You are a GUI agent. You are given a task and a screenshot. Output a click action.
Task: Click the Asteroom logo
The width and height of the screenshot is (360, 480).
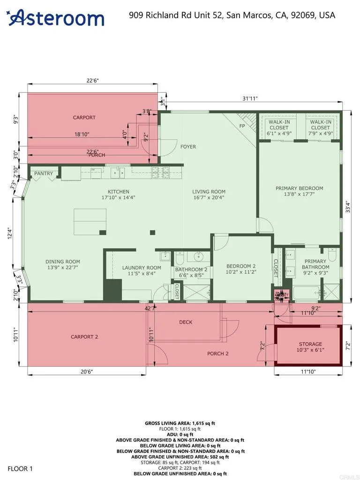[56, 18]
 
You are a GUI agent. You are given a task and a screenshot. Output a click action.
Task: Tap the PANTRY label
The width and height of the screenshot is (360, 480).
[44, 173]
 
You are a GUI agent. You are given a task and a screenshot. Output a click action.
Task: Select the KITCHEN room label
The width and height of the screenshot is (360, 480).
[118, 192]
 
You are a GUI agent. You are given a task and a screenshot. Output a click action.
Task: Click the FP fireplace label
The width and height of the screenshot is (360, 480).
[242, 126]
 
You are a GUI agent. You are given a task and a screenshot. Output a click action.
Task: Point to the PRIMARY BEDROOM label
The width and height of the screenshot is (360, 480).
[299, 188]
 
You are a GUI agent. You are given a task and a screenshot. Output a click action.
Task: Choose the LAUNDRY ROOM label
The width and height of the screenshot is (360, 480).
[142, 268]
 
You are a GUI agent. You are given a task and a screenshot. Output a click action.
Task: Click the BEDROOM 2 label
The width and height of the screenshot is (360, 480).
[241, 265]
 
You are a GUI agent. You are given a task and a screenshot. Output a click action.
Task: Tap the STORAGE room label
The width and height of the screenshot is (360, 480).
[310, 344]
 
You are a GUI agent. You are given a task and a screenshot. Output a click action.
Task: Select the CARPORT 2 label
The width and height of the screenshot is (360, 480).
[85, 337]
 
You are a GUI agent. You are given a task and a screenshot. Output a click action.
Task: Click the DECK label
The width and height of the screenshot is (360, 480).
[186, 322]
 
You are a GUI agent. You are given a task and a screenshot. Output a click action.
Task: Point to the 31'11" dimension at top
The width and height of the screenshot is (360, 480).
[250, 98]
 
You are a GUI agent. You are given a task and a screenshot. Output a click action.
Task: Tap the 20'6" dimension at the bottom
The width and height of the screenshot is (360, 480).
[86, 371]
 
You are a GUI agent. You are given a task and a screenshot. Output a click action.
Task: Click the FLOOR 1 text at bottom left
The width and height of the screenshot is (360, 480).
[20, 468]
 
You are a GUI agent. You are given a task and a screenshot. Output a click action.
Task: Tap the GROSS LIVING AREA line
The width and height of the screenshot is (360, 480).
[180, 423]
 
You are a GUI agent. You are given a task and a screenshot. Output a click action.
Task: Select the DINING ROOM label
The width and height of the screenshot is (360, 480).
[63, 262]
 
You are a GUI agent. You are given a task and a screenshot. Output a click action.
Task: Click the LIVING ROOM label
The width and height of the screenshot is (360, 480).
[209, 192]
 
